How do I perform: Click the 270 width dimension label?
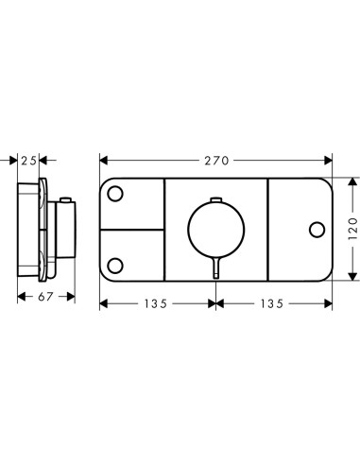216,161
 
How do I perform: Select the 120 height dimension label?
353,229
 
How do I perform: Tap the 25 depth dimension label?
28,161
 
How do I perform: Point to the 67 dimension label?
45,297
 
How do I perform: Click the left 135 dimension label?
156,303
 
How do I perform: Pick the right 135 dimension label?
272,303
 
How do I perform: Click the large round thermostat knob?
215,229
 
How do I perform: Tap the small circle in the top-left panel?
115,194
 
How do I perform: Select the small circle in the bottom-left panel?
115,266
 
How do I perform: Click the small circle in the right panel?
317,230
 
